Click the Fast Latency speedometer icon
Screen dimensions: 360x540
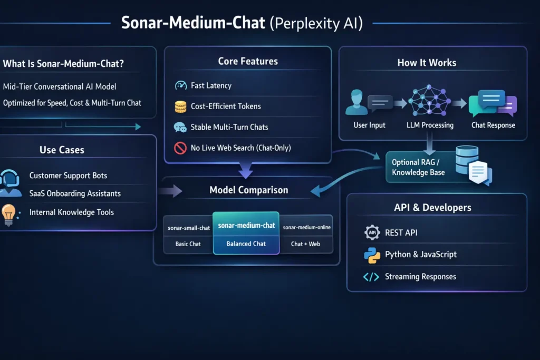pyautogui.click(x=181, y=85)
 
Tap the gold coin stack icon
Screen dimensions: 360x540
pyautogui.click(x=181, y=106)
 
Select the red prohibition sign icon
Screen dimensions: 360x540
pyautogui.click(x=181, y=148)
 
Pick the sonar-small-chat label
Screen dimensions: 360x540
pyautogui.click(x=188, y=228)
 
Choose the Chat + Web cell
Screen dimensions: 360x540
pyautogui.click(x=305, y=244)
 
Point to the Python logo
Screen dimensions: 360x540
pyautogui.click(x=372, y=255)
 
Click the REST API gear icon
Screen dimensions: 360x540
pyautogui.click(x=372, y=232)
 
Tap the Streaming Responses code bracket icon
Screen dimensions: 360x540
pyautogui.click(x=371, y=277)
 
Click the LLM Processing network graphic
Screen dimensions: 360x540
pyautogui.click(x=430, y=102)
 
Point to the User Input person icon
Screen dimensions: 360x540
pyautogui.click(x=357, y=103)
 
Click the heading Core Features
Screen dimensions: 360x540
pyautogui.click(x=248, y=62)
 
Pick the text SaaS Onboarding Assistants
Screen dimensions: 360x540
pyautogui.click(x=75, y=193)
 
